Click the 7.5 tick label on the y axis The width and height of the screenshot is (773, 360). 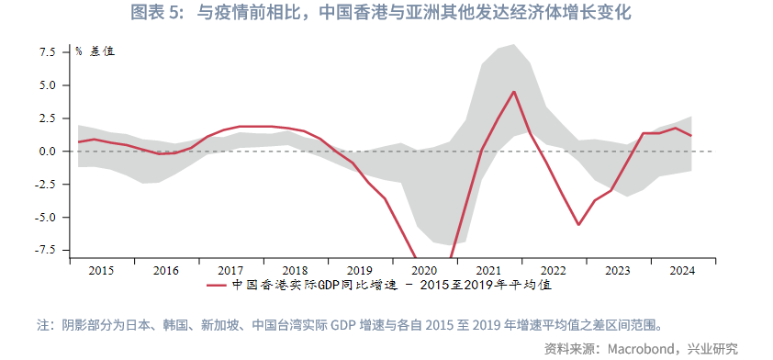[x=47, y=52]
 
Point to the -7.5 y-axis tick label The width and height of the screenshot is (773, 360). [x=44, y=250]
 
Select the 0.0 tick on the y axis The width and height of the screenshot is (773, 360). [x=47, y=152]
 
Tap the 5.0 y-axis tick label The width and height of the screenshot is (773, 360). [x=47, y=85]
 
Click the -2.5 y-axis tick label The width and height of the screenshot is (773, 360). [x=44, y=185]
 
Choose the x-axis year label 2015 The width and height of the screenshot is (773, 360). [x=102, y=271]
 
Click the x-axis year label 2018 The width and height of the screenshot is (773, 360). [x=296, y=271]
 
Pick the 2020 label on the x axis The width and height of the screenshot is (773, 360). [x=424, y=271]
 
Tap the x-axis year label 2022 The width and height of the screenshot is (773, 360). [x=554, y=271]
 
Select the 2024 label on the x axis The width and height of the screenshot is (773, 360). [x=682, y=271]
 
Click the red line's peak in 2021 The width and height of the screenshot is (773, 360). [x=514, y=91]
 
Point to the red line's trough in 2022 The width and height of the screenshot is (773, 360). [x=578, y=224]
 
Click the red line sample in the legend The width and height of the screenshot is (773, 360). [x=218, y=286]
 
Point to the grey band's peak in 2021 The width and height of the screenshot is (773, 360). [x=513, y=44]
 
